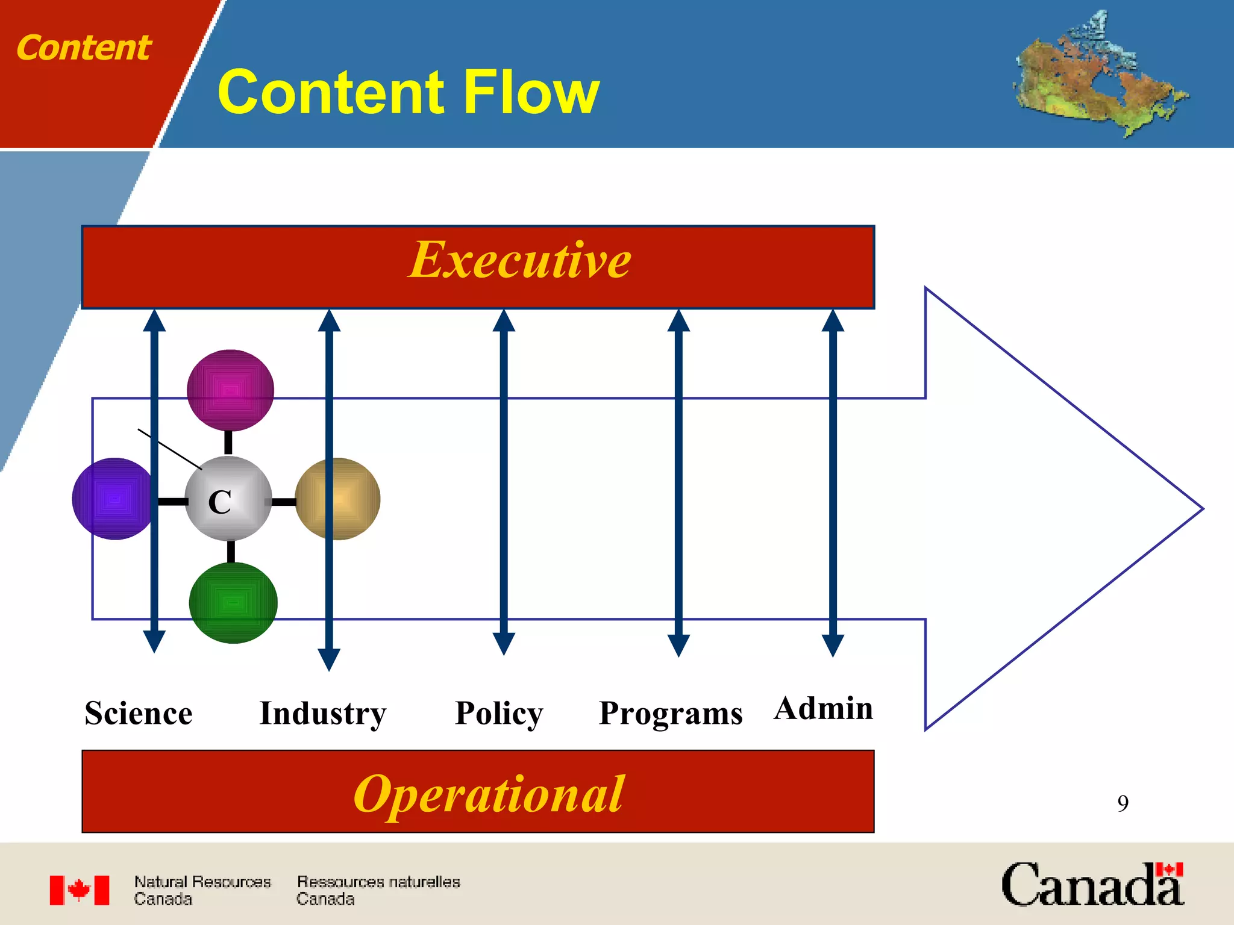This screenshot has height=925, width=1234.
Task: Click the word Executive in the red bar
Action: coord(519,260)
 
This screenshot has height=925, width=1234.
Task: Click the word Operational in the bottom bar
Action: coord(489,794)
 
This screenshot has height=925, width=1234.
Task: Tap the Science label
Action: coord(139,714)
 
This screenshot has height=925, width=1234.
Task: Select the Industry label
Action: coord(322,714)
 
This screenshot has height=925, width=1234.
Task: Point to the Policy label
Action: coord(499,714)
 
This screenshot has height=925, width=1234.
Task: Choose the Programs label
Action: coord(671,714)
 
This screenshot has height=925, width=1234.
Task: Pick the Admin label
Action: coord(823,709)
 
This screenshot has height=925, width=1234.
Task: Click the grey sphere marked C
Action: coord(228,499)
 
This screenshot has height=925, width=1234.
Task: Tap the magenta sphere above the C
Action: coord(230,390)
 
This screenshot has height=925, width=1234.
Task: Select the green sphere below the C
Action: coord(233,603)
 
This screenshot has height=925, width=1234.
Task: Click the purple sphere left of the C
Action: coord(112,499)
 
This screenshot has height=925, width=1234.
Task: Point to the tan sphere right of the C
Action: coord(338,499)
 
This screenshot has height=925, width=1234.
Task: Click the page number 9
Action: coord(1123,803)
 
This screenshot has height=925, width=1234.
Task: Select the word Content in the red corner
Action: coord(84,48)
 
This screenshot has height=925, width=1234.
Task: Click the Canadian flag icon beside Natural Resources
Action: coord(80,890)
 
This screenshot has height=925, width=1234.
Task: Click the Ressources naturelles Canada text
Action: coord(378,890)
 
